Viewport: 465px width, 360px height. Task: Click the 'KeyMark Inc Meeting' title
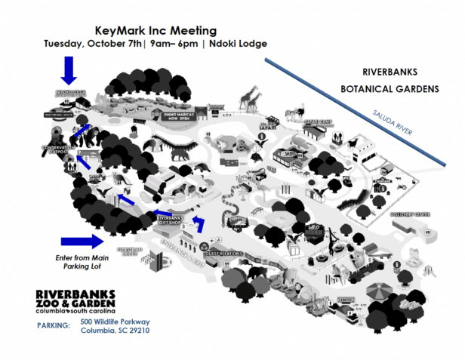(156, 31)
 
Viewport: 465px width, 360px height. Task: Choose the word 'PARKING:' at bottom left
(52, 325)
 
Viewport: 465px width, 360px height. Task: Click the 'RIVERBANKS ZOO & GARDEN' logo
(75, 300)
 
